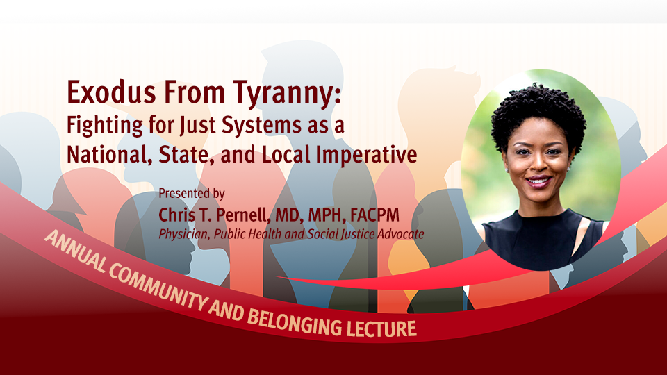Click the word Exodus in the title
click(x=112, y=92)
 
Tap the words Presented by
click(x=192, y=194)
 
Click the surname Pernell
click(x=243, y=215)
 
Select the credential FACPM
click(x=374, y=215)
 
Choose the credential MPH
click(x=327, y=215)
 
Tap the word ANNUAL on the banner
click(x=75, y=251)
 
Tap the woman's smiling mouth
click(x=539, y=181)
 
